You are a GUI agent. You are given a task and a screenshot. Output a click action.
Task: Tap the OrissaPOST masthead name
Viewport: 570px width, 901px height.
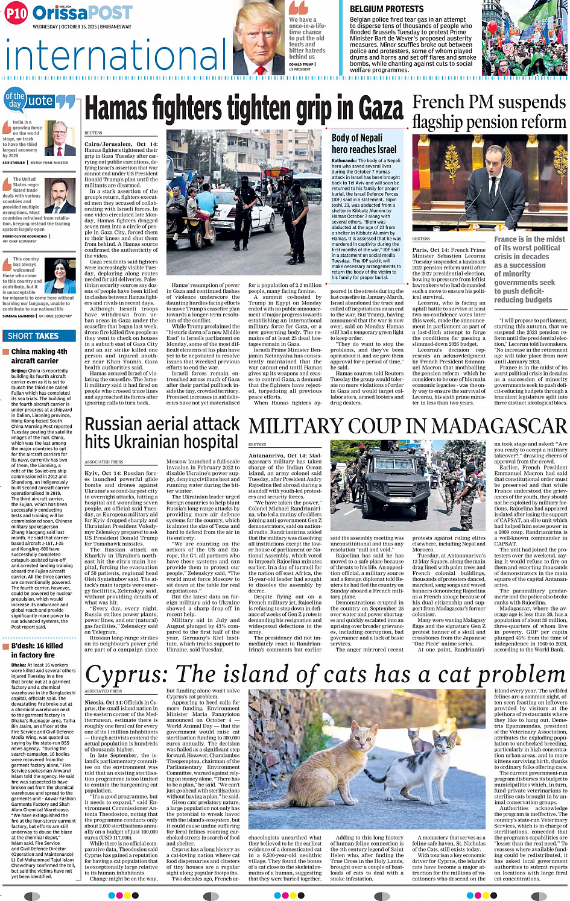click(x=82, y=13)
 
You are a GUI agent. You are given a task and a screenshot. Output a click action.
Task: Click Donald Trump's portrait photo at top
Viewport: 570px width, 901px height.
click(x=259, y=38)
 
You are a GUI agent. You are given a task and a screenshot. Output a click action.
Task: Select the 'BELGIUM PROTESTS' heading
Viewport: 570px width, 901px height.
click(x=387, y=9)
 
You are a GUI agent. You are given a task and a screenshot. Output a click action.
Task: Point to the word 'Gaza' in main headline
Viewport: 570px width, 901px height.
click(x=372, y=109)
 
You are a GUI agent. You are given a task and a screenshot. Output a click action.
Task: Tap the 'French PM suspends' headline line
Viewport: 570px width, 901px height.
click(x=489, y=102)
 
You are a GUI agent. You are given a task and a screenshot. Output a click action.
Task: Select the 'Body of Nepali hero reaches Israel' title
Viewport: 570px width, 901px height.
click(x=364, y=143)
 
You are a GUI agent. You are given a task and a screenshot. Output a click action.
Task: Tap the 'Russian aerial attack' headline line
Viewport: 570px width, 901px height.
click(x=162, y=424)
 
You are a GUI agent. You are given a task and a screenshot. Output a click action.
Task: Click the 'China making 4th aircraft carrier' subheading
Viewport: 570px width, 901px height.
click(x=39, y=356)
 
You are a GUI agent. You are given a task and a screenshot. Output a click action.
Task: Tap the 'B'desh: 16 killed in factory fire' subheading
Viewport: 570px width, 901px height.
click(x=37, y=650)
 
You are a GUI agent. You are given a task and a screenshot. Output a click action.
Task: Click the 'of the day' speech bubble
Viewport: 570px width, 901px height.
click(x=15, y=100)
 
